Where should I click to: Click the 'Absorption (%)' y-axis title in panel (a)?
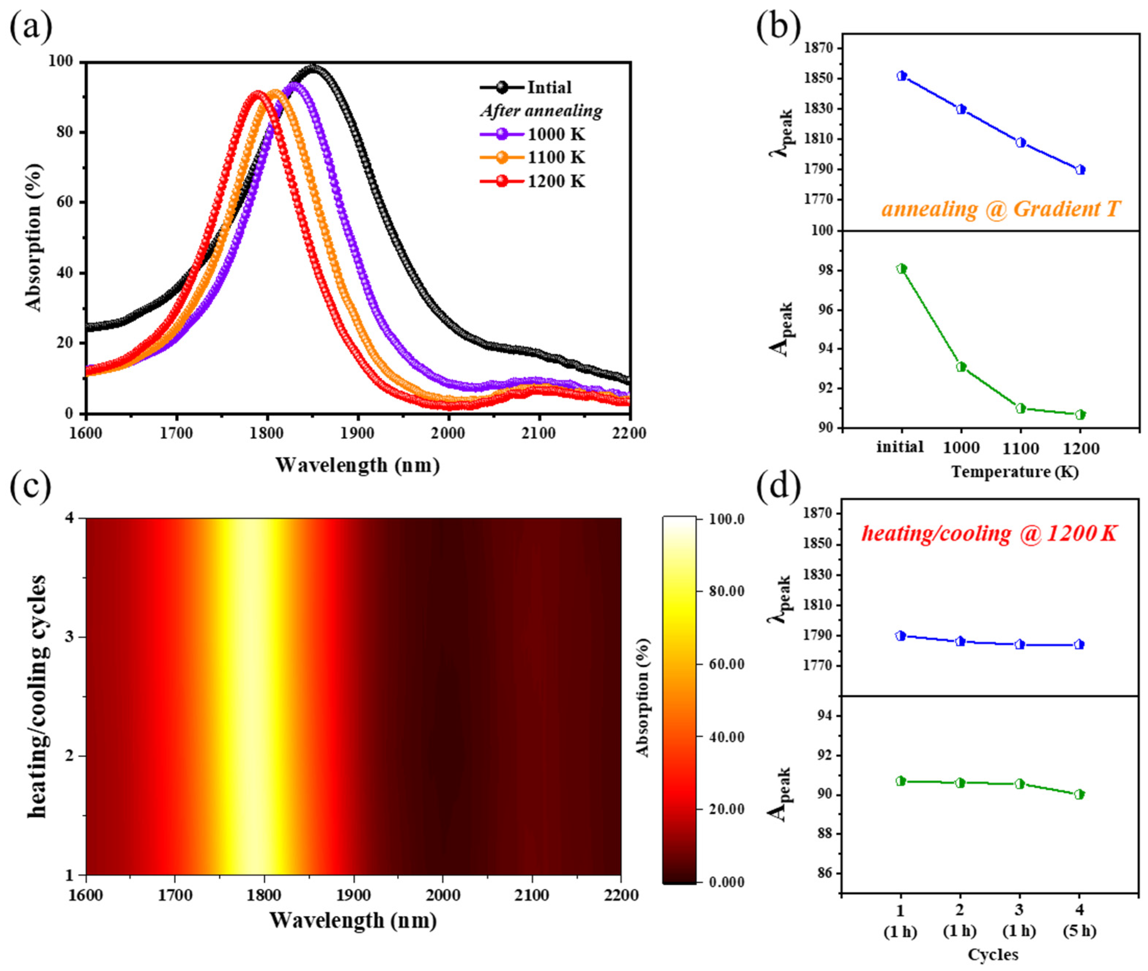[34, 238]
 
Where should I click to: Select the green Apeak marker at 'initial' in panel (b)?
[901, 269]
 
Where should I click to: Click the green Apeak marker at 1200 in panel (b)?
[1080, 415]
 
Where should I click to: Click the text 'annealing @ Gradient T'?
[1001, 209]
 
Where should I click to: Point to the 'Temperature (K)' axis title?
[1015, 472]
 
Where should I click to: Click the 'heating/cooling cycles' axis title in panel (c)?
[37, 696]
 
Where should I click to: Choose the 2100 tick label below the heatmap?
[532, 895]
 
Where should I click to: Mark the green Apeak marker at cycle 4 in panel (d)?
[1079, 794]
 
